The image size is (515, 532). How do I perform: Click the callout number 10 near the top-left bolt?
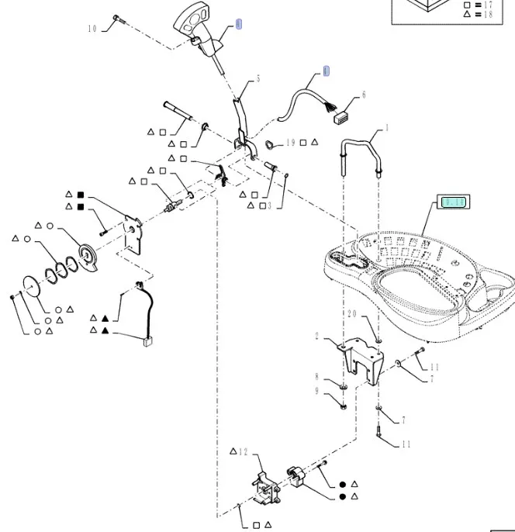click(x=92, y=29)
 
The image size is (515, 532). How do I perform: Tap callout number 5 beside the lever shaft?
click(x=258, y=78)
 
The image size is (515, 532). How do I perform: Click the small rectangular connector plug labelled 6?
click(x=339, y=118)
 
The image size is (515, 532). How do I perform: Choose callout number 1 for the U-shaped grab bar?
click(x=387, y=128)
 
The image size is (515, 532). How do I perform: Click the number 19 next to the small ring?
click(x=291, y=143)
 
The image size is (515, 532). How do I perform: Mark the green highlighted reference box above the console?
click(x=453, y=202)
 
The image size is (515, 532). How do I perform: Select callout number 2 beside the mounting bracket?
click(x=316, y=336)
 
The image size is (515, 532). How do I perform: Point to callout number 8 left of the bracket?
click(x=316, y=377)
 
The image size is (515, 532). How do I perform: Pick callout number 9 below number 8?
click(x=316, y=392)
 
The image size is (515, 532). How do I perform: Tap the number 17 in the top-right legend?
click(x=488, y=4)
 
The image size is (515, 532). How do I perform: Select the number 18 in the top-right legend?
click(x=488, y=14)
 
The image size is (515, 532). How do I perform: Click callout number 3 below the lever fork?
click(x=269, y=206)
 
